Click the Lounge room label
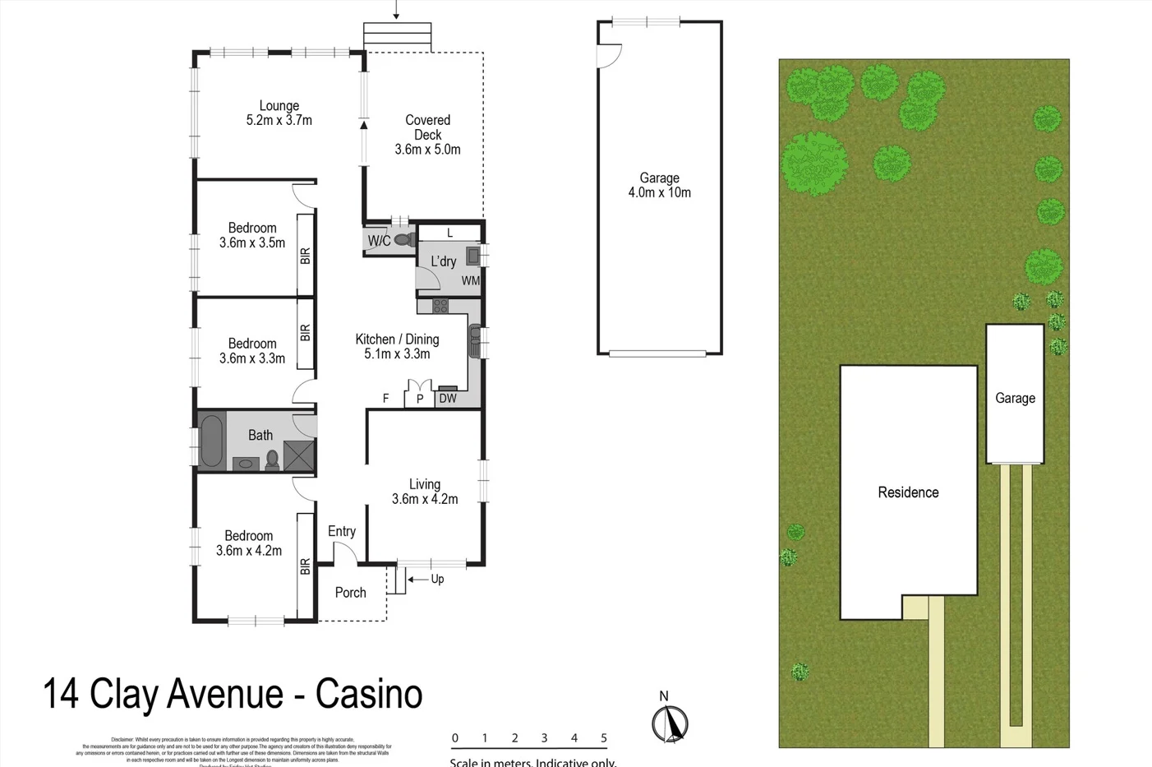(x=279, y=106)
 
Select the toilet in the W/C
(x=404, y=240)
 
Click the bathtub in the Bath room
(x=211, y=441)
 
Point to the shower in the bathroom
(x=298, y=455)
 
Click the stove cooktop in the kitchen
(x=440, y=307)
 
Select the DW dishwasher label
(x=448, y=399)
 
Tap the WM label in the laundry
(x=470, y=281)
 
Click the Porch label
(x=351, y=593)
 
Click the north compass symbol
(x=670, y=723)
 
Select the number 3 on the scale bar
(x=544, y=738)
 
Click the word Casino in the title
(x=369, y=694)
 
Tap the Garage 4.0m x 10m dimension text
(x=659, y=193)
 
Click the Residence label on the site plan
(x=908, y=492)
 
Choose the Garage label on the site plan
(x=1015, y=398)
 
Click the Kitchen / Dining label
(x=397, y=340)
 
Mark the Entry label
(x=342, y=532)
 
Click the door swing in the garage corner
(x=608, y=56)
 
